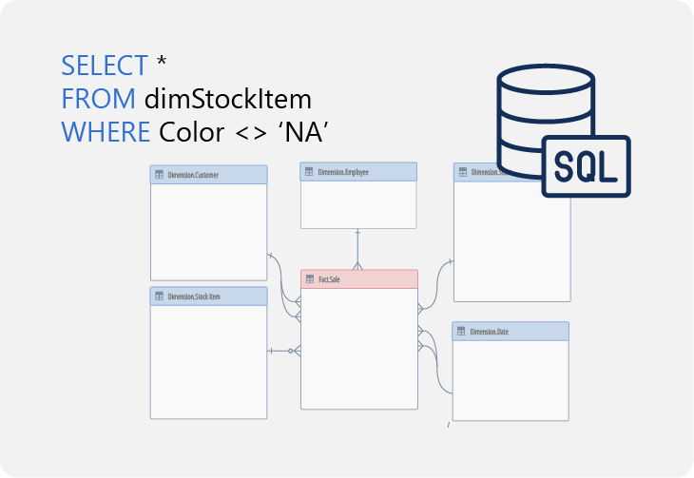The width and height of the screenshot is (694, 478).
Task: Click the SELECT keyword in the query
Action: pos(104,66)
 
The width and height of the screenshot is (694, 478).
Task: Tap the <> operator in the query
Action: pos(250,131)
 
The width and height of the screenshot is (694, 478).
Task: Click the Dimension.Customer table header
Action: pos(209,175)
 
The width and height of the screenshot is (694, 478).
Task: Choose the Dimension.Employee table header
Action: pos(358,172)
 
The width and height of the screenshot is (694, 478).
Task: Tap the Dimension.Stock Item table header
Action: pos(209,296)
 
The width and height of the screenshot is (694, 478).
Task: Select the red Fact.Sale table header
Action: pos(359,279)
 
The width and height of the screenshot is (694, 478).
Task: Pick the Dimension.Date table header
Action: pos(511,332)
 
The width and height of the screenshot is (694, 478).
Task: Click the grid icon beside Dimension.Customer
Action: pos(159,175)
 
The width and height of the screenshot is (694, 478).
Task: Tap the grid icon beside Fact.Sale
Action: pos(309,279)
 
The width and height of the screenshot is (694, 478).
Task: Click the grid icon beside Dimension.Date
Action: pos(460,332)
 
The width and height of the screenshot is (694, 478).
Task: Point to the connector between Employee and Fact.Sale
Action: pos(358,249)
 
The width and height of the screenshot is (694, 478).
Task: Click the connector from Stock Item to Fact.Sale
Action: pos(283,351)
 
